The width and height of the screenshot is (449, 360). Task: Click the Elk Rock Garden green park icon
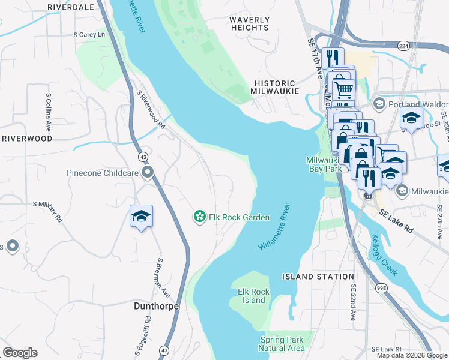point(199,217)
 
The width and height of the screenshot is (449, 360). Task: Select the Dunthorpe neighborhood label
point(155,306)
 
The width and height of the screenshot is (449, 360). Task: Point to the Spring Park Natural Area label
point(282,344)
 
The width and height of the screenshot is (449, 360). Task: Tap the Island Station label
point(318,277)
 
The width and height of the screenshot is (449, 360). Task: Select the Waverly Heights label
point(249,23)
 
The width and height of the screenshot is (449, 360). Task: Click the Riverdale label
point(70,7)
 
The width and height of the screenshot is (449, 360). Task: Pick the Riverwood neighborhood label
point(27,138)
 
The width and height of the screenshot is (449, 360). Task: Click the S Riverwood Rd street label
point(151,110)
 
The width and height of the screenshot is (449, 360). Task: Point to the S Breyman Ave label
point(160,276)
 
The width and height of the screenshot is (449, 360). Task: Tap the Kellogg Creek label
point(384,255)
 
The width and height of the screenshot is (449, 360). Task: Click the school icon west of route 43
point(141,217)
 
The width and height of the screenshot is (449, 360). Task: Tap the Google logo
point(20,353)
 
